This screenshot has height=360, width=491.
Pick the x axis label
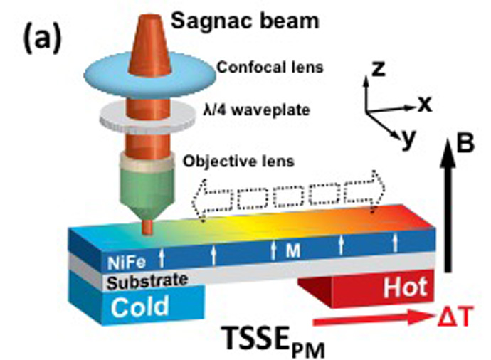pyautogui.click(x=426, y=105)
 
